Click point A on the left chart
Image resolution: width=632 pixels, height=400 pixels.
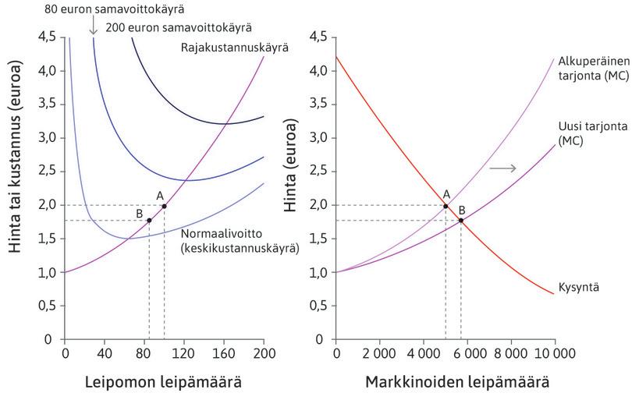(164, 206)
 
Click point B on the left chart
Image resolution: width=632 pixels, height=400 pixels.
(149, 220)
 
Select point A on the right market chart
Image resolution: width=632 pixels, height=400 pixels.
(446, 206)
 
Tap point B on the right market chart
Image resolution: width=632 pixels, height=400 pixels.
(461, 220)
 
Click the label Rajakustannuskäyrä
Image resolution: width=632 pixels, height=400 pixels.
(235, 48)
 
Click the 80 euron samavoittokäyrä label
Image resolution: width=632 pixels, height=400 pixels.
(114, 9)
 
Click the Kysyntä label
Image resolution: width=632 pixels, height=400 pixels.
(579, 288)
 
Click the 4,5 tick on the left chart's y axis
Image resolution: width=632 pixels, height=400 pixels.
(47, 37)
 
